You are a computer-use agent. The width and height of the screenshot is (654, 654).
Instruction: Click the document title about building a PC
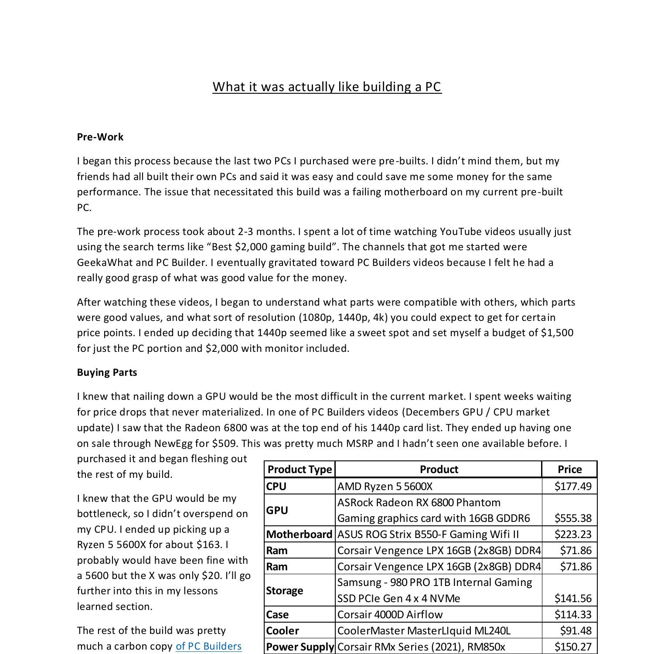(327, 87)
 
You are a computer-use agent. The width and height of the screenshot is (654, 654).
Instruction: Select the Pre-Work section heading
(100, 137)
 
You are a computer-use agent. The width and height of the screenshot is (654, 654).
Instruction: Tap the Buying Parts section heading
(107, 372)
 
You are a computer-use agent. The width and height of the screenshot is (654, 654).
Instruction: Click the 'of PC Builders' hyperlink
(208, 646)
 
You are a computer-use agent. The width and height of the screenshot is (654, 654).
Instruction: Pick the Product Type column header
(300, 470)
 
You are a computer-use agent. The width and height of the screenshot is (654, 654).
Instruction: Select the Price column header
(569, 470)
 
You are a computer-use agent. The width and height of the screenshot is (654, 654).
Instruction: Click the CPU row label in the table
(276, 486)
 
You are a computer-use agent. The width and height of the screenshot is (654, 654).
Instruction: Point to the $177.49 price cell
(573, 486)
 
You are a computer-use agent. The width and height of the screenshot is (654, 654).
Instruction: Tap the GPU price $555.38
(573, 518)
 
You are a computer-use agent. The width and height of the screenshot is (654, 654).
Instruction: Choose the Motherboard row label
(300, 535)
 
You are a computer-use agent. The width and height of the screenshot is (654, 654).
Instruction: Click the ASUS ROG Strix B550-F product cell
(428, 535)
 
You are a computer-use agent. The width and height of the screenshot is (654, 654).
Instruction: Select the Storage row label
(284, 591)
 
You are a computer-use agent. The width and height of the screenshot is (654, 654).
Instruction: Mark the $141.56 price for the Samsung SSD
(573, 599)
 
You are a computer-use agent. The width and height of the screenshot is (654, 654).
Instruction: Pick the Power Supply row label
(300, 647)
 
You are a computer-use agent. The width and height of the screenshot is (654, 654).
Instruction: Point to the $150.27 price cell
(573, 647)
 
